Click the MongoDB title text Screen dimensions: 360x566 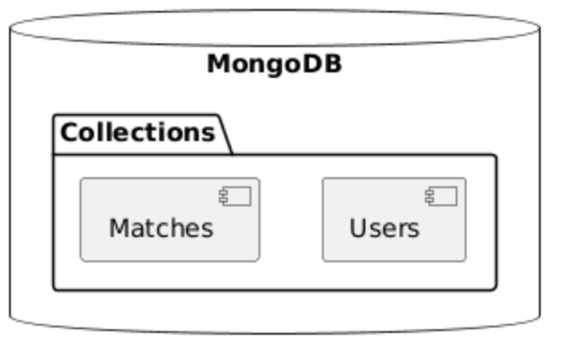click(x=274, y=65)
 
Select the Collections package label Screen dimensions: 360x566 click(x=137, y=133)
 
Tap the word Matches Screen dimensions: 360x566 click(x=161, y=228)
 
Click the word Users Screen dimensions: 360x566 click(x=384, y=228)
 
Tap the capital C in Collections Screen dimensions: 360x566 click(x=68, y=133)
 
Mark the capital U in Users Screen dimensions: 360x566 click(x=358, y=228)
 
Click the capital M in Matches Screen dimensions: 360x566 click(x=118, y=228)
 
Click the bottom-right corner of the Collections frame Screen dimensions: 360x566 click(x=495, y=289)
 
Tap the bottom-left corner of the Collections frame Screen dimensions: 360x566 click(x=54, y=289)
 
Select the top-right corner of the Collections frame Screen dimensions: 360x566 click(x=495, y=156)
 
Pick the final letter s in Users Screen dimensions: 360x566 click(x=414, y=229)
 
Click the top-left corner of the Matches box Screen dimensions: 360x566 click(x=81, y=179)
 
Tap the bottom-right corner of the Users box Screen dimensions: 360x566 click(x=465, y=261)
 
